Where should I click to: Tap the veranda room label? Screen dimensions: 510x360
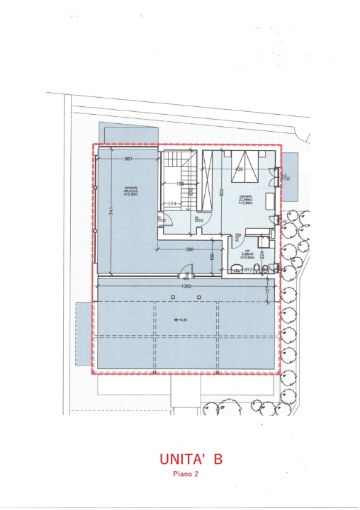coord(130,191)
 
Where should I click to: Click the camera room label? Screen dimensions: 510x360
coord(245,200)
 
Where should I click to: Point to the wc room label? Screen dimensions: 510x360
coord(249,255)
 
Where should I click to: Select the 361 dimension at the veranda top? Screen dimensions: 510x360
coord(128,159)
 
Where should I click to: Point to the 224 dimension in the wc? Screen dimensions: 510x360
coord(261,256)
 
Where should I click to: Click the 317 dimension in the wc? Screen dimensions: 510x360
coord(248,270)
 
